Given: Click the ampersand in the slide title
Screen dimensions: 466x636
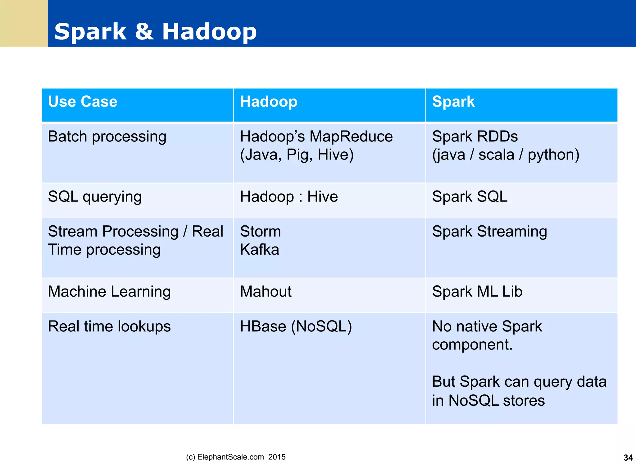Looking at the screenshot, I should (x=144, y=31).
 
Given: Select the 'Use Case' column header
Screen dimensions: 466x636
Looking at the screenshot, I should (x=83, y=102).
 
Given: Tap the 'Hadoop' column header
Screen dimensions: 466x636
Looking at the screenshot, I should (x=269, y=102).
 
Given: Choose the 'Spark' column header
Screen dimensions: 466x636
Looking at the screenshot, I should (x=453, y=102).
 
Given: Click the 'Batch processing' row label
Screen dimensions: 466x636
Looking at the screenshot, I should (x=107, y=137).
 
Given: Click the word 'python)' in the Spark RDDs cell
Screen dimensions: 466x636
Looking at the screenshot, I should (x=553, y=155).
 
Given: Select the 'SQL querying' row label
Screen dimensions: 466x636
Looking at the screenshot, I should (x=95, y=197).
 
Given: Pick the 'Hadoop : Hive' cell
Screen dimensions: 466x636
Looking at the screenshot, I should (x=289, y=197).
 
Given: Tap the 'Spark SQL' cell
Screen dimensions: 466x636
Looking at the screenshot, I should (x=470, y=197).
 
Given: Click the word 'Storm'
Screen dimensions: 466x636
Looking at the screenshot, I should (x=260, y=232).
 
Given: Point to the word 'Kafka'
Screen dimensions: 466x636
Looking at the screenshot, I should (x=260, y=250).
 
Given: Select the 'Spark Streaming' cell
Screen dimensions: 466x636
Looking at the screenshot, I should (x=489, y=232).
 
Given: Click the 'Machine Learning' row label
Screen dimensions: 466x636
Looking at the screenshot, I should (x=109, y=292).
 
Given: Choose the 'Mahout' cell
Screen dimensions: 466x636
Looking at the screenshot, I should (x=266, y=292).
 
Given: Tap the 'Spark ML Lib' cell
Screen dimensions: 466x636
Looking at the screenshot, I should (x=477, y=292).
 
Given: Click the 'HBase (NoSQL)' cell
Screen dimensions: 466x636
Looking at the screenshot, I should (x=296, y=326).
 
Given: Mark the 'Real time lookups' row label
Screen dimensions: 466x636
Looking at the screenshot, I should (x=109, y=326).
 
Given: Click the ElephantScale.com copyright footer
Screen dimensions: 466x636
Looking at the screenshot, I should (x=236, y=457).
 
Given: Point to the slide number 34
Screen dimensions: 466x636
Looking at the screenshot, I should (x=628, y=458).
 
